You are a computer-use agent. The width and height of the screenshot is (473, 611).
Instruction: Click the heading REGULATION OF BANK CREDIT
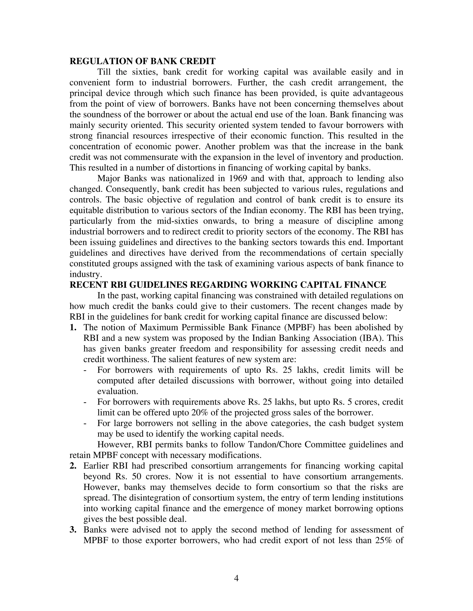142,61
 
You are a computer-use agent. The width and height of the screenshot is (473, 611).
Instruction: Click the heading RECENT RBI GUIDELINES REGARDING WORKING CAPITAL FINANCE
227,285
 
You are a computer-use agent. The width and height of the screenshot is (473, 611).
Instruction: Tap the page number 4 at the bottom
236,578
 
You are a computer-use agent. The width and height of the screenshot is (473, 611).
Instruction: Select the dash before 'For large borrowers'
85,423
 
